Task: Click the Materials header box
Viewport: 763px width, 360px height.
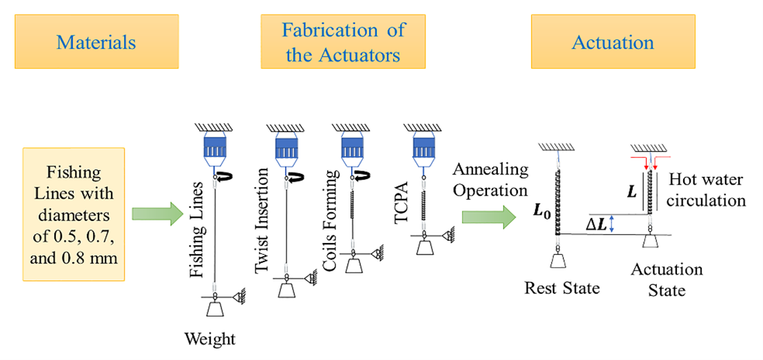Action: click(96, 43)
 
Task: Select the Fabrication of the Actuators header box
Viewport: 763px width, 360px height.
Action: click(342, 43)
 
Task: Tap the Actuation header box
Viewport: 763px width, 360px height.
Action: click(612, 43)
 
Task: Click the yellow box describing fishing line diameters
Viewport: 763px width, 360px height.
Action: click(74, 213)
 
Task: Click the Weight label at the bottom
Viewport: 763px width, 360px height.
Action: click(210, 339)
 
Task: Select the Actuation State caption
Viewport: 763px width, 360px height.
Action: click(666, 279)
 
